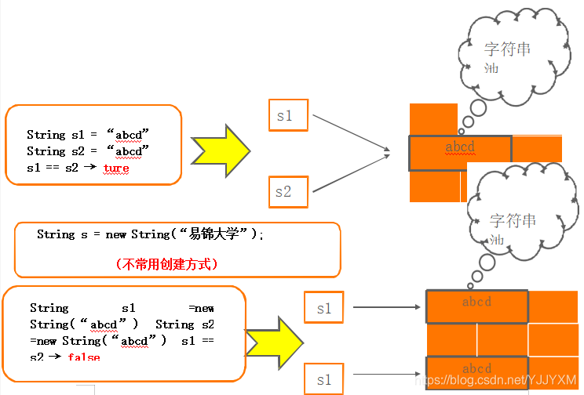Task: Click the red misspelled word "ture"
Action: [116, 168]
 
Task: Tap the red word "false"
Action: [84, 357]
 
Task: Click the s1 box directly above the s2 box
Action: [288, 116]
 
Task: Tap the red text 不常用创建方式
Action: [166, 264]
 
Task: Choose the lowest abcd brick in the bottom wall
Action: [477, 369]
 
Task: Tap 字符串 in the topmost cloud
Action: [507, 49]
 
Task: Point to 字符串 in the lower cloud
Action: [513, 221]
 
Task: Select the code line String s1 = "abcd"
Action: [88, 134]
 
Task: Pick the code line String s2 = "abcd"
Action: [88, 150]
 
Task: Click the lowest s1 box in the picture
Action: [323, 379]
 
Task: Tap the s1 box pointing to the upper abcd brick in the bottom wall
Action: [323, 308]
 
